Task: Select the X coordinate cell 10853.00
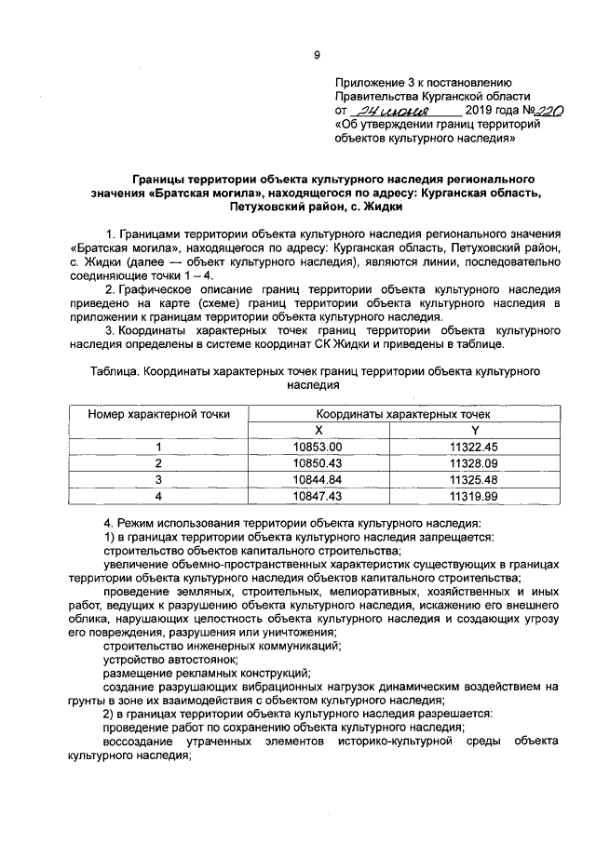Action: point(318,447)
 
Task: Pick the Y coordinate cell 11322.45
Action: point(475,447)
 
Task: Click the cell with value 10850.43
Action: point(318,462)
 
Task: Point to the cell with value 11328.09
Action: point(475,462)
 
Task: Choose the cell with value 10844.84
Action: point(318,479)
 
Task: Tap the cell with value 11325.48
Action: point(475,479)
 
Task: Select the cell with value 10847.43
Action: point(318,496)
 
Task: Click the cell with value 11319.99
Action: point(475,496)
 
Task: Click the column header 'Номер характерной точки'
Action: point(158,414)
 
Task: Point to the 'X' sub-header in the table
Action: point(318,430)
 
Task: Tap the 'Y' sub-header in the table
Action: point(475,430)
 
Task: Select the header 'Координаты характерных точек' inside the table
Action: point(397,413)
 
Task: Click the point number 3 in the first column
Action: point(158,479)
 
